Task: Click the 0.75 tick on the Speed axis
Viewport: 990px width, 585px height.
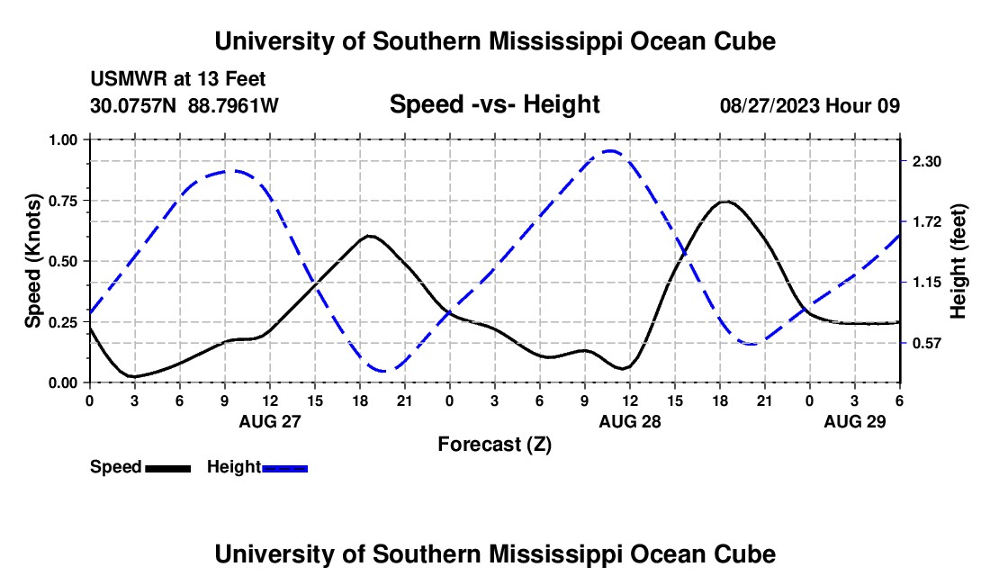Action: [x=66, y=201]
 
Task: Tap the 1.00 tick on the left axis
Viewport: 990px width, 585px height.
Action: [x=66, y=139]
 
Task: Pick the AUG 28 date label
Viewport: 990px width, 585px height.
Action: [x=630, y=421]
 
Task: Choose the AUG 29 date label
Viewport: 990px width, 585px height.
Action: [x=855, y=421]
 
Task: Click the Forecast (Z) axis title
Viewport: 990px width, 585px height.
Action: [x=494, y=444]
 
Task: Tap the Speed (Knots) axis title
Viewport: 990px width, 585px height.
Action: [x=33, y=261]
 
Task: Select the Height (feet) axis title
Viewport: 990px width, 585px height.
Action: [x=958, y=261]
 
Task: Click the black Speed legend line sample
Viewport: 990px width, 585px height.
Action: [x=167, y=468]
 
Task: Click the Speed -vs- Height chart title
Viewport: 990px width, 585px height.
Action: [x=494, y=104]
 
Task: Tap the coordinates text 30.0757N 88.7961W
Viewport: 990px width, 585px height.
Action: [x=184, y=105]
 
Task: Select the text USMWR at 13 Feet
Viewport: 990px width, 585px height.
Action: [x=178, y=80]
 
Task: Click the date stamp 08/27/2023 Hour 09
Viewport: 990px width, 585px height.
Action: [x=810, y=105]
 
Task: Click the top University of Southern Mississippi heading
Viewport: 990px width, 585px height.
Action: [x=494, y=41]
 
